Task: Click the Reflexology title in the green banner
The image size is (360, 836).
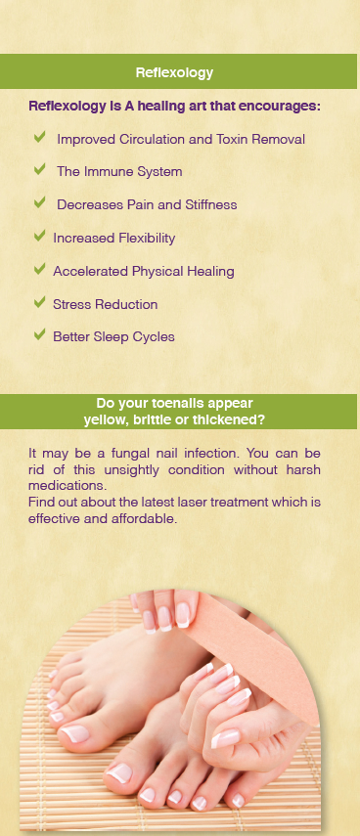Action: (x=174, y=72)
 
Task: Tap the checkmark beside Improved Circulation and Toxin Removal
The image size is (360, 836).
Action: (x=39, y=137)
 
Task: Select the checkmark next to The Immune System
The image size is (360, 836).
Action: (x=39, y=169)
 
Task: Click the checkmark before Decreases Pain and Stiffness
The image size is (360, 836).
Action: (x=39, y=202)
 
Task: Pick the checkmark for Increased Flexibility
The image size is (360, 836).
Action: (x=39, y=236)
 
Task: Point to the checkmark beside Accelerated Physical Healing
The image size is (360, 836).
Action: (x=39, y=269)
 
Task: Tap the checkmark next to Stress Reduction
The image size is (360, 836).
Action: (x=39, y=302)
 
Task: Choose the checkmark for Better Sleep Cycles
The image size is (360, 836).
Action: (x=39, y=334)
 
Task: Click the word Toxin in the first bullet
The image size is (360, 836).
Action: (x=232, y=139)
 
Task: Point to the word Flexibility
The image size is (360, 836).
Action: (x=143, y=238)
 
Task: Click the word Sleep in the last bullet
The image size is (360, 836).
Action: (x=109, y=337)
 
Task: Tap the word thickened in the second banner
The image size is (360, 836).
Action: (x=233, y=420)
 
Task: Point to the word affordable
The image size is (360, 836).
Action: (x=146, y=519)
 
